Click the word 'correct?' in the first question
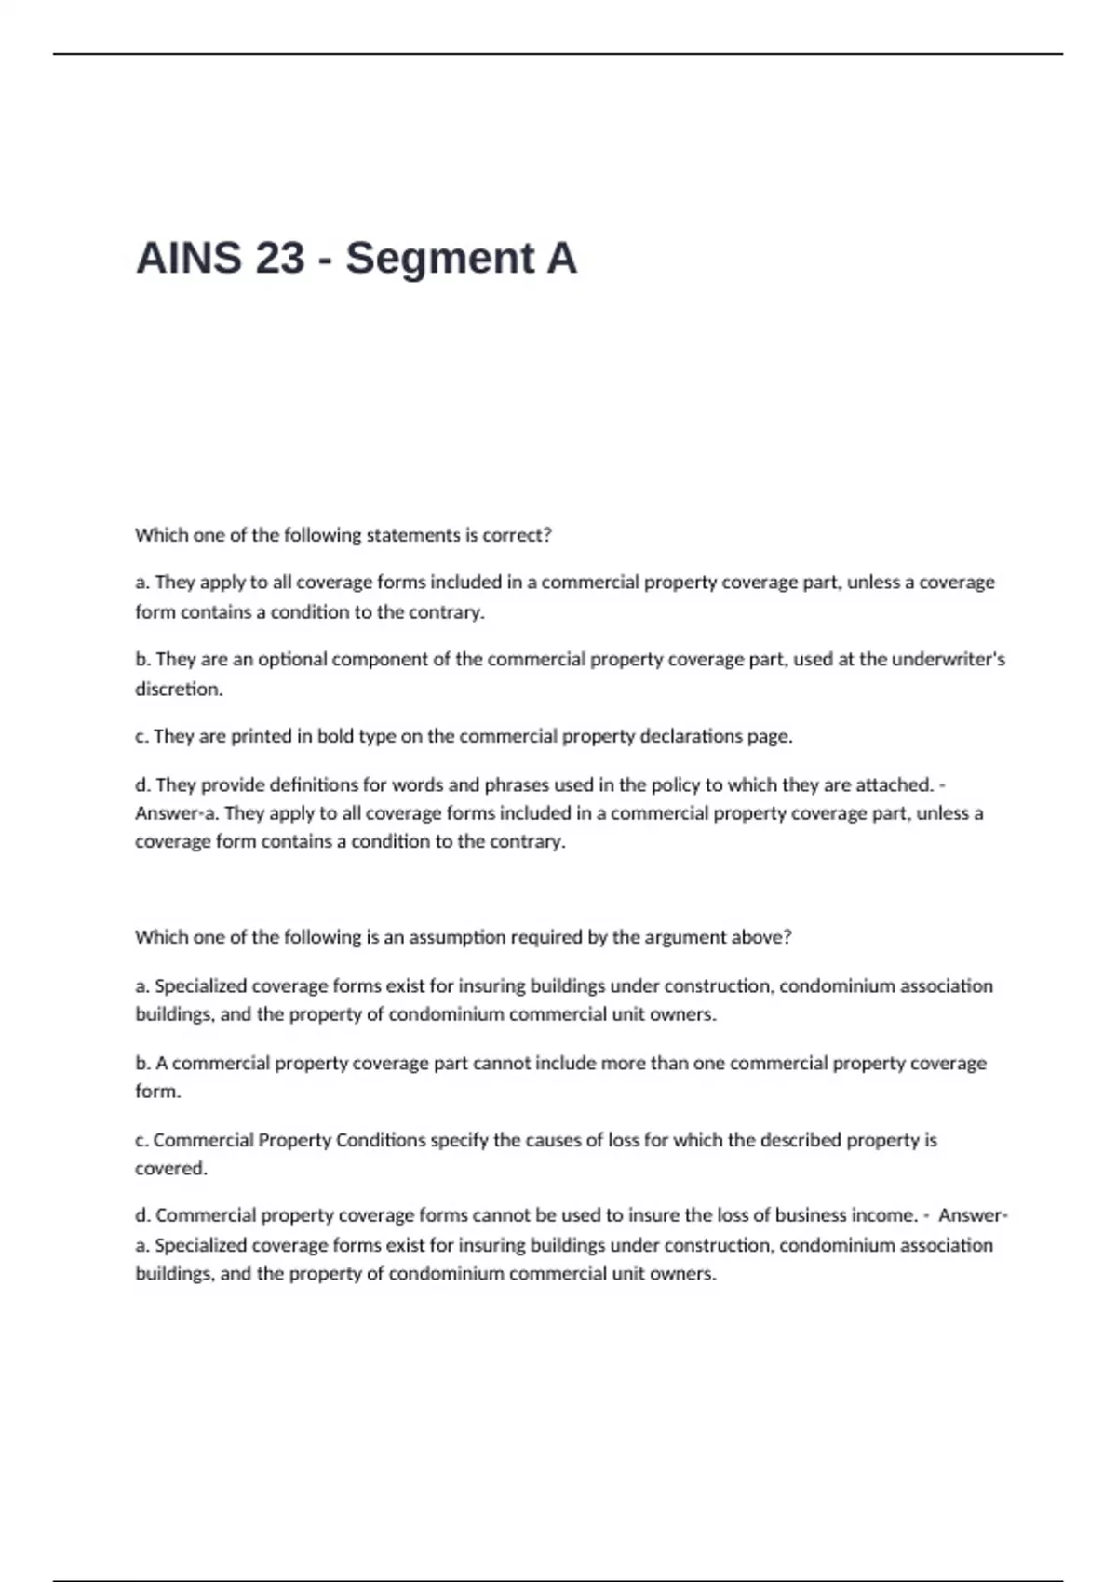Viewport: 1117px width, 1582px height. click(x=517, y=535)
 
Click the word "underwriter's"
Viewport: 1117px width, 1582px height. click(x=948, y=660)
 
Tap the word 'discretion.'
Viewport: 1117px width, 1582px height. click(x=180, y=690)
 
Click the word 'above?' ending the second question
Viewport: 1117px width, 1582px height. click(x=761, y=937)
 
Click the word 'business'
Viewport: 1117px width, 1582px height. click(x=810, y=1215)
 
